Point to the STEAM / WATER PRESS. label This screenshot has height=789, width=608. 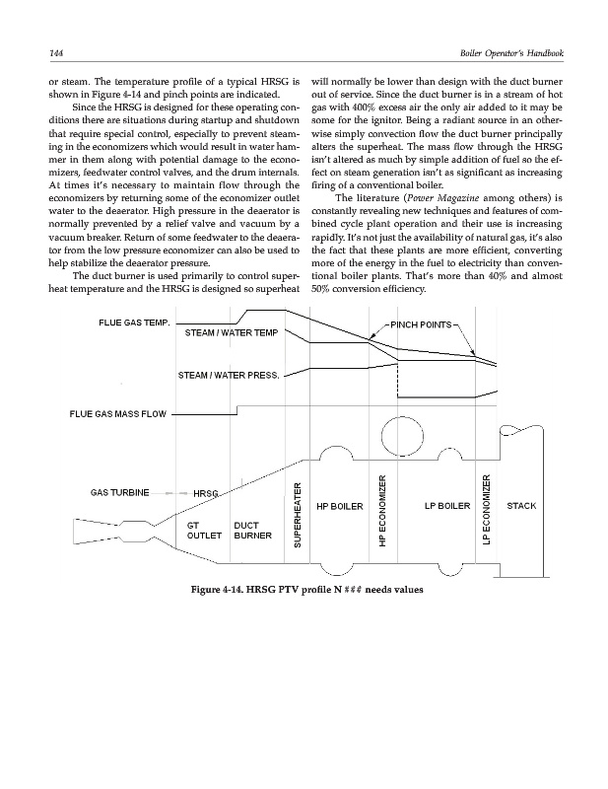click(x=230, y=375)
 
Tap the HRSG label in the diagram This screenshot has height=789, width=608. click(x=206, y=493)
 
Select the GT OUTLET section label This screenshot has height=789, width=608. click(x=203, y=532)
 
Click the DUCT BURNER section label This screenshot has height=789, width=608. click(x=253, y=532)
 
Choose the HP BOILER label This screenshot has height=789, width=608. click(x=340, y=507)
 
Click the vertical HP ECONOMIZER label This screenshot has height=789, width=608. click(x=383, y=509)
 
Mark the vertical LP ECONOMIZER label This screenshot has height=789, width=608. click(x=486, y=509)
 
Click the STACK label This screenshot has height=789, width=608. click(x=520, y=507)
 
